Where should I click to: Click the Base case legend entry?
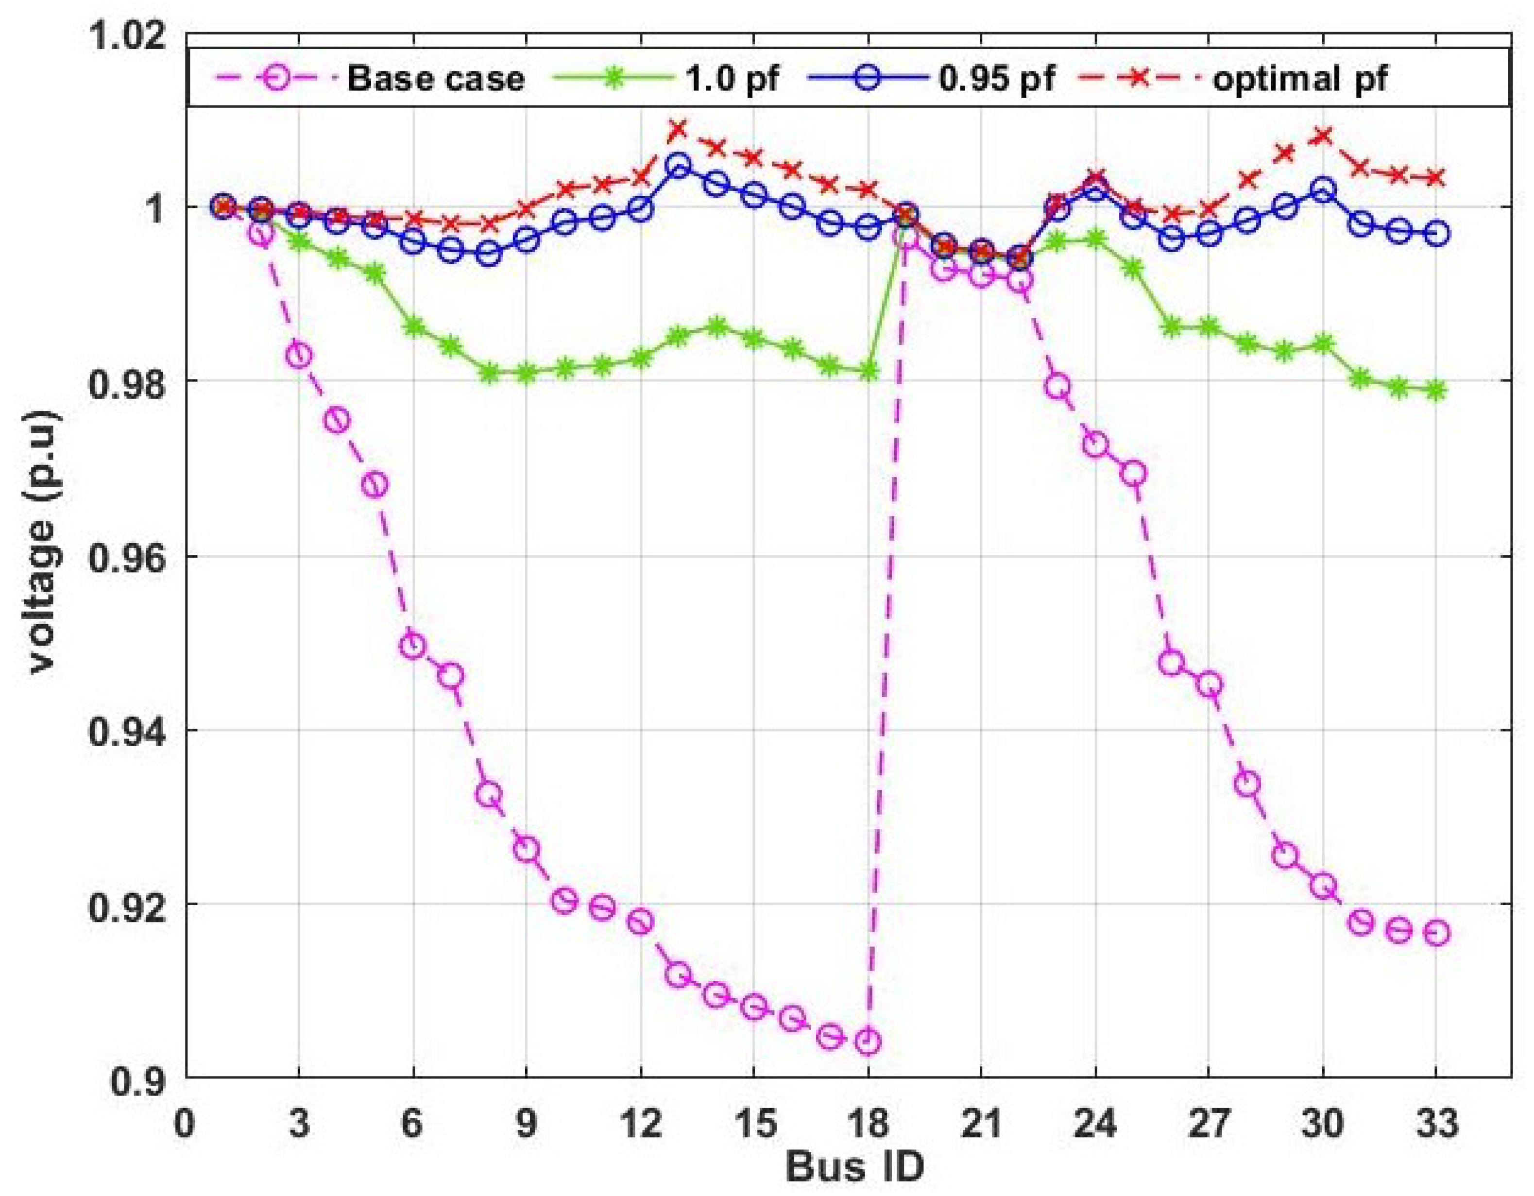(436, 78)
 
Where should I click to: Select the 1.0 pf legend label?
(731, 78)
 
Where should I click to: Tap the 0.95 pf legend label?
(996, 78)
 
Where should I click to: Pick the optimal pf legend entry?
(1299, 78)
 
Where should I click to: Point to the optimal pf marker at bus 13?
(678, 129)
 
